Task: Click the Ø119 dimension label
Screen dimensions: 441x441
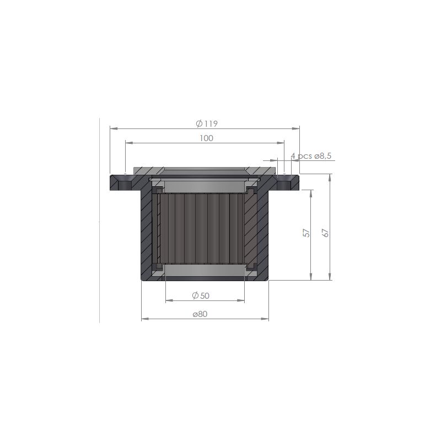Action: click(207, 123)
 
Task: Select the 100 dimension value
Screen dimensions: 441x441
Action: click(206, 138)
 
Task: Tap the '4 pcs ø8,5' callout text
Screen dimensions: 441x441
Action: click(311, 156)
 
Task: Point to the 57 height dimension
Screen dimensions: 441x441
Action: click(306, 233)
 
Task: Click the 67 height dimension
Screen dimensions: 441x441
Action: click(325, 233)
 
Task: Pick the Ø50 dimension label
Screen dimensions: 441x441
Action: click(201, 295)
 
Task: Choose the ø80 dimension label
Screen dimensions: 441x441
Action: click(200, 314)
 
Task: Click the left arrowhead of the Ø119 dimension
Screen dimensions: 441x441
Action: click(114, 128)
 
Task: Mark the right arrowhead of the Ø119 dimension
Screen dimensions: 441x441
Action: click(296, 128)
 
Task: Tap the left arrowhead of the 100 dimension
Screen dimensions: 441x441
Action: click(129, 143)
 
